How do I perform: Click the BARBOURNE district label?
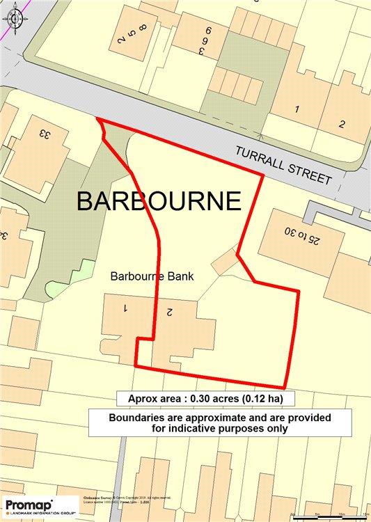159,201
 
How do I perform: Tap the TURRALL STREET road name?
283,165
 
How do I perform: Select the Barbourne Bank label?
152,276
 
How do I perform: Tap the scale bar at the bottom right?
331,514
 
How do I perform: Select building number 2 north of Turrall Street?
342,124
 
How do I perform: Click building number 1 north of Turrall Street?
297,109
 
